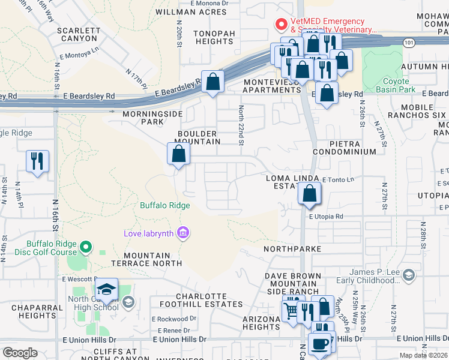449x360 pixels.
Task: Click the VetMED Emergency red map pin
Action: pos(280,25)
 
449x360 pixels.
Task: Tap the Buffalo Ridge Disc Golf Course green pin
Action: pos(86,247)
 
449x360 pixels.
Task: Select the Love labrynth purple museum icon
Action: pos(183,233)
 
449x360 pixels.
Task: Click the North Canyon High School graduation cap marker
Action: pos(106,290)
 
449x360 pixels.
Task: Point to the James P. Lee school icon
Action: pos(409,275)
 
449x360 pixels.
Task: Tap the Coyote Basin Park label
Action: pos(396,85)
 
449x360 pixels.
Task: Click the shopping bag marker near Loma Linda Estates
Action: pos(309,194)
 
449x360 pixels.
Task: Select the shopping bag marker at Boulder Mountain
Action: pos(179,154)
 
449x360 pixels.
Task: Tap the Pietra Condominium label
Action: pos(353,148)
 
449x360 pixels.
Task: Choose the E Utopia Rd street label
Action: pos(326,217)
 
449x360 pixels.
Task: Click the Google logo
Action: pos(20,352)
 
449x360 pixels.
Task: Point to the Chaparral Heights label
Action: pos(34,311)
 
